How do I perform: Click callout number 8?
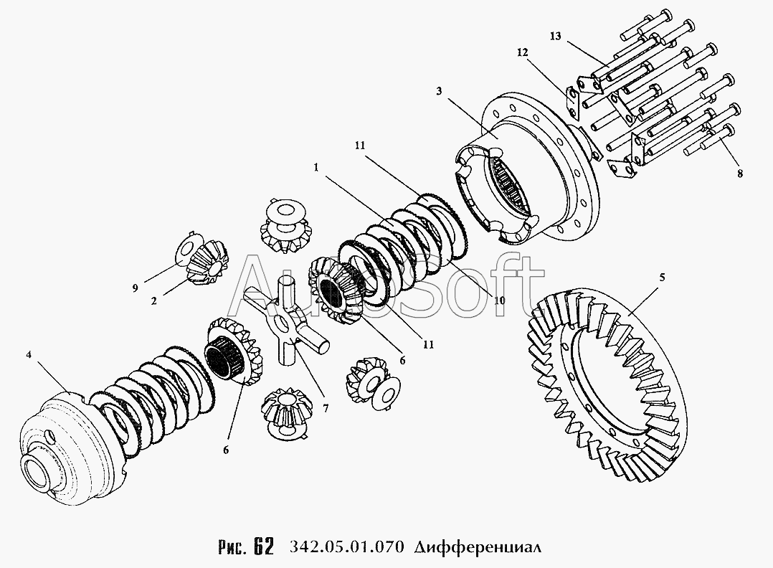coord(739,173)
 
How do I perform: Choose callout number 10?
coord(498,300)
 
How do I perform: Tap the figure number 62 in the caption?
coord(262,547)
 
